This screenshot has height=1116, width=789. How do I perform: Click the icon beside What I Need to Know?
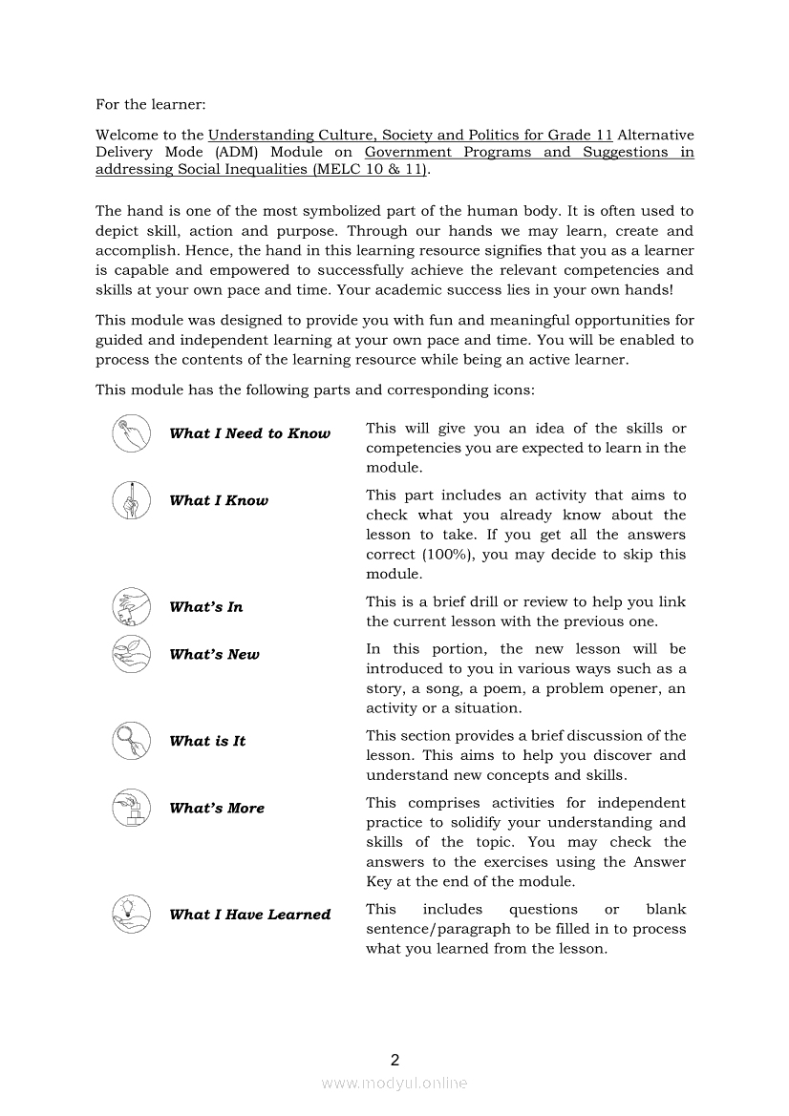(132, 433)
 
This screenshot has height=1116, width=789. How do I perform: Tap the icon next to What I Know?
(132, 500)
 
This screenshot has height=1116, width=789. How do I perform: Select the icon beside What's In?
(132, 606)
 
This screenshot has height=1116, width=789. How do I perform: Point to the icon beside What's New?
(132, 654)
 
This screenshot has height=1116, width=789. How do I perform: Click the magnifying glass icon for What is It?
(132, 741)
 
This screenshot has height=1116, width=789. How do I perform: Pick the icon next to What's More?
(132, 808)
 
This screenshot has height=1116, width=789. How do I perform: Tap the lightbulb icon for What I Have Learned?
(132, 914)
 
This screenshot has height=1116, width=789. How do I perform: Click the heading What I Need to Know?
(249, 433)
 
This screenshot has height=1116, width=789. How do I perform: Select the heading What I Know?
(219, 500)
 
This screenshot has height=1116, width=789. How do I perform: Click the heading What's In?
(206, 607)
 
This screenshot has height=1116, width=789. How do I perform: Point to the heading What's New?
(214, 655)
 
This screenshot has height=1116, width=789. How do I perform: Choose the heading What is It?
(207, 741)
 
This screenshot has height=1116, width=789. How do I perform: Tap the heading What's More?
(217, 809)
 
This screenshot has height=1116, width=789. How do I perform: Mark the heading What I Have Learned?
(249, 915)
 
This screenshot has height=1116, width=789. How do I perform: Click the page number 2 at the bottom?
(394, 1060)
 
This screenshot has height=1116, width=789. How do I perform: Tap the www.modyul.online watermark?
(394, 1083)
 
